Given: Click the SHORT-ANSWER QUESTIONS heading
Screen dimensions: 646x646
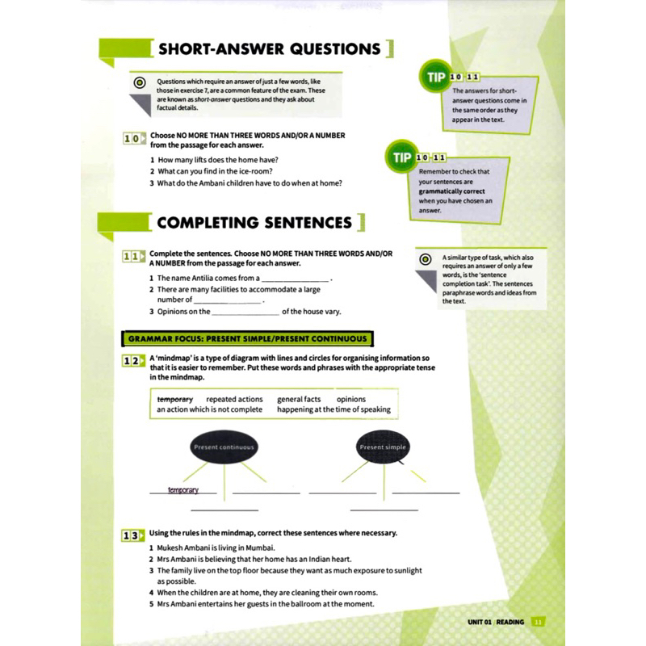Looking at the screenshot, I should [x=269, y=49].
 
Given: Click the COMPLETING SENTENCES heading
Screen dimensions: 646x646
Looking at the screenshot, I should [x=254, y=223].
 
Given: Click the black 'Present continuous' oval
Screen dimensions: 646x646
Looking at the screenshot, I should [x=224, y=447].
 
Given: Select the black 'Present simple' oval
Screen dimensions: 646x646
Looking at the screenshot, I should [x=384, y=447].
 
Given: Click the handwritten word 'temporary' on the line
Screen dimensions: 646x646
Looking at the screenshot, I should [x=182, y=490].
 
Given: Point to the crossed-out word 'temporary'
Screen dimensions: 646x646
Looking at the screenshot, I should [x=174, y=399].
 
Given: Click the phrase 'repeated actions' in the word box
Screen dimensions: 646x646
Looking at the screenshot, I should [x=234, y=399].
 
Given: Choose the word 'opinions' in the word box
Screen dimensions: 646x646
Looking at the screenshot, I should [x=350, y=399].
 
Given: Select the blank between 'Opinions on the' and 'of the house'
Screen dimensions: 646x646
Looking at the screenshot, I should [x=245, y=312].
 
